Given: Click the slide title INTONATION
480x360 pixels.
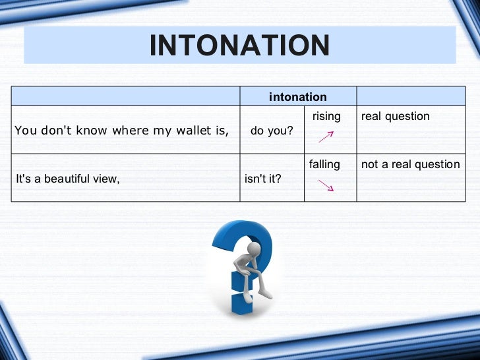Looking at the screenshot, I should (x=239, y=45).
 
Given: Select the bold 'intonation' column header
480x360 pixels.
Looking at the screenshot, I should (x=297, y=97).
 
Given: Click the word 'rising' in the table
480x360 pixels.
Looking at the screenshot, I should (x=326, y=117).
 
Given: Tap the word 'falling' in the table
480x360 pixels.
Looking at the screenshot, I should (x=324, y=164).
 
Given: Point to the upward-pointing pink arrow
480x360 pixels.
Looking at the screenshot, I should (x=326, y=136).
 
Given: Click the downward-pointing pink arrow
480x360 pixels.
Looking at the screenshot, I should (x=325, y=185).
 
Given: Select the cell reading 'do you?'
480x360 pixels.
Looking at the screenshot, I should (x=272, y=130).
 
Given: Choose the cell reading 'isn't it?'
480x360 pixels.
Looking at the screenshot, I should (x=262, y=177).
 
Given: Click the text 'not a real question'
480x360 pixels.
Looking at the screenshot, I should (x=410, y=164).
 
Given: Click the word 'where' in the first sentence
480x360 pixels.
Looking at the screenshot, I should (x=130, y=130).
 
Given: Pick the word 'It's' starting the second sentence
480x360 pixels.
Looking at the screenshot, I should (x=23, y=177).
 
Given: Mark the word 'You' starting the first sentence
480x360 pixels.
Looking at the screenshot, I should (x=26, y=130).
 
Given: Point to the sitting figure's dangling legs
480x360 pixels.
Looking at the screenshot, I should (x=262, y=287).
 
